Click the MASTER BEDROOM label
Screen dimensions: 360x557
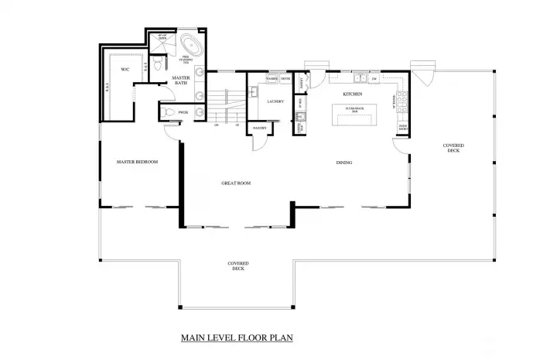pyautogui.click(x=137, y=162)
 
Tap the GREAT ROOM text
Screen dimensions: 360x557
pyautogui.click(x=236, y=183)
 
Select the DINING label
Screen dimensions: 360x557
pyautogui.click(x=345, y=163)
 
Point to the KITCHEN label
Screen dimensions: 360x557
pyautogui.click(x=354, y=94)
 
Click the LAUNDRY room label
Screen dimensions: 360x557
pyautogui.click(x=275, y=101)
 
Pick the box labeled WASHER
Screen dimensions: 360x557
pyautogui.click(x=272, y=79)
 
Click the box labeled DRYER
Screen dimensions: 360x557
pyautogui.click(x=285, y=79)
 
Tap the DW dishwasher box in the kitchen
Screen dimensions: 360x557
pyautogui.click(x=374, y=79)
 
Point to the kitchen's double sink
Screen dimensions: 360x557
pyautogui.click(x=359, y=78)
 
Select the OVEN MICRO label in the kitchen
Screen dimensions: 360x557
pyautogui.click(x=402, y=127)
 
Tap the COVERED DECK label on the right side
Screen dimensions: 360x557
pyautogui.click(x=453, y=148)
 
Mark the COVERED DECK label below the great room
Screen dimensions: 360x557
pyautogui.click(x=237, y=266)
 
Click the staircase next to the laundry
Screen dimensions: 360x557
pyautogui.click(x=225, y=101)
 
